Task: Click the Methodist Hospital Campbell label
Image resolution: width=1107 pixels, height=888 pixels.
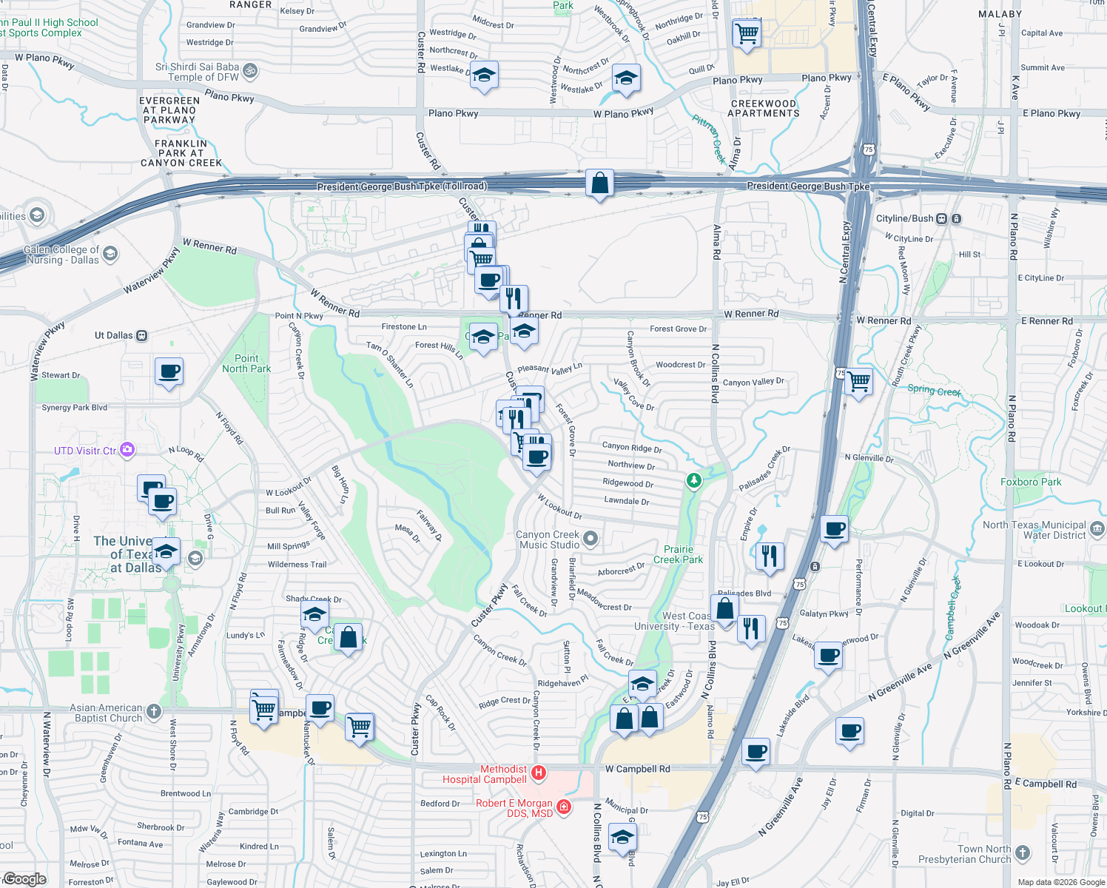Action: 485,774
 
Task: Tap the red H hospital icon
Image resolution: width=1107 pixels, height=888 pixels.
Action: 539,773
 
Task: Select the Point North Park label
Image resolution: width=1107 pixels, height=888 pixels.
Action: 246,363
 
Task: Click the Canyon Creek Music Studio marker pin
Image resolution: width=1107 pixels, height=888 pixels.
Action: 590,539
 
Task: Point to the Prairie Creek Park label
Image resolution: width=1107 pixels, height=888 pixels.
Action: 678,554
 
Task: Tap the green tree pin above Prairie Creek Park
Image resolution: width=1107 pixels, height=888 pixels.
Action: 693,481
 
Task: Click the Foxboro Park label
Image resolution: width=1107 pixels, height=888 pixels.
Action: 1031,482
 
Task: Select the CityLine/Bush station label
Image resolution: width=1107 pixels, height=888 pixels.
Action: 904,218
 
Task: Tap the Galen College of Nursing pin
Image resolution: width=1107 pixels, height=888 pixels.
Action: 110,254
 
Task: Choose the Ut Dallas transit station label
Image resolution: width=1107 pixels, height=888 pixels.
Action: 114,335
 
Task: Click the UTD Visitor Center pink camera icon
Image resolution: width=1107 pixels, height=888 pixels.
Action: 127,449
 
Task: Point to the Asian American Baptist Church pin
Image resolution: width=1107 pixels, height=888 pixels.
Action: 153,712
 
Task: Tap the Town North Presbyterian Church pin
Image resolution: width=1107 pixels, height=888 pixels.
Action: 1023,853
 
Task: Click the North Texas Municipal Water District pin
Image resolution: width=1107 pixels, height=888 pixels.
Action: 1097,529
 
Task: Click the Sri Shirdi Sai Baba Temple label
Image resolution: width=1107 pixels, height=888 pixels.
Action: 198,72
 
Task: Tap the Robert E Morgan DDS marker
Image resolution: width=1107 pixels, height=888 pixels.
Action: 564,806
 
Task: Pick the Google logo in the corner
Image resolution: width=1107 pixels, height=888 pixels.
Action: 24,879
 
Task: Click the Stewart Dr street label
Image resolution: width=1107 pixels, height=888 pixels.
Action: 61,375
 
